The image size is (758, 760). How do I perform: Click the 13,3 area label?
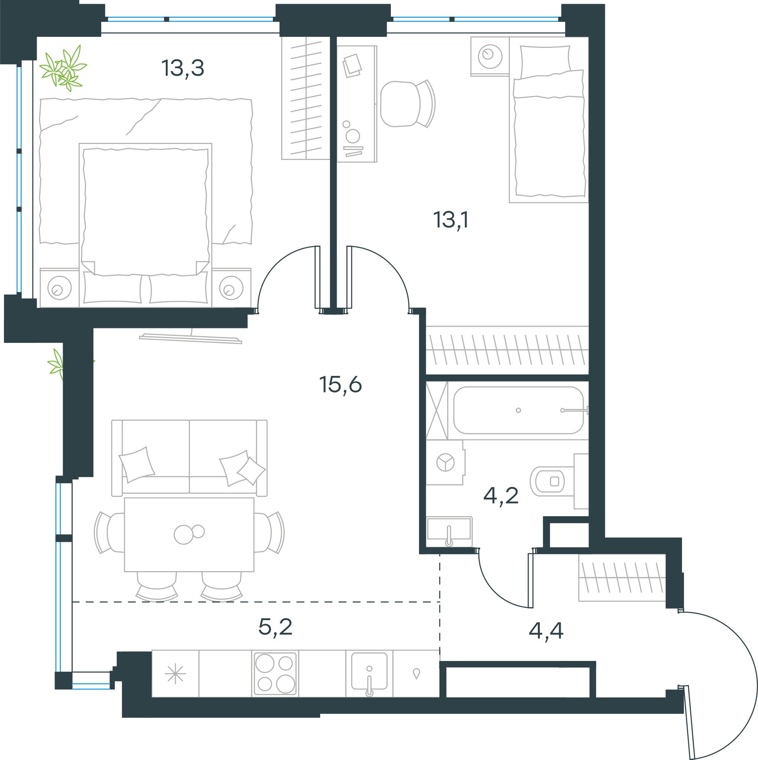(x=183, y=68)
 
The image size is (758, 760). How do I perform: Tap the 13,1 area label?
(x=451, y=220)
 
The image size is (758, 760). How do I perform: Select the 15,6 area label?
(x=340, y=385)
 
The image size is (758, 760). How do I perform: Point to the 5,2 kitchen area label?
(x=275, y=627)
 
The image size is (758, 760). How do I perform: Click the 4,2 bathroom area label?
(x=501, y=496)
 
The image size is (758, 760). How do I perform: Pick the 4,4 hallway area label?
(x=546, y=630)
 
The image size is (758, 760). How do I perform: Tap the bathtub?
(x=518, y=410)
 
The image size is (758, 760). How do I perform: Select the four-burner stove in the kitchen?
(x=275, y=674)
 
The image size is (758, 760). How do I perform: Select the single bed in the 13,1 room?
(x=549, y=120)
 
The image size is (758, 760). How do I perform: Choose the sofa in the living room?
(x=189, y=458)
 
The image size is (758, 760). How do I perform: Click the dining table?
(x=189, y=535)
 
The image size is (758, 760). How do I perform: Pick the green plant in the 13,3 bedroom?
(x=63, y=68)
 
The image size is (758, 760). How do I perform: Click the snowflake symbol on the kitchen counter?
(x=175, y=674)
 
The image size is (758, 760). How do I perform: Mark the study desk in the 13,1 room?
(x=357, y=104)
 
